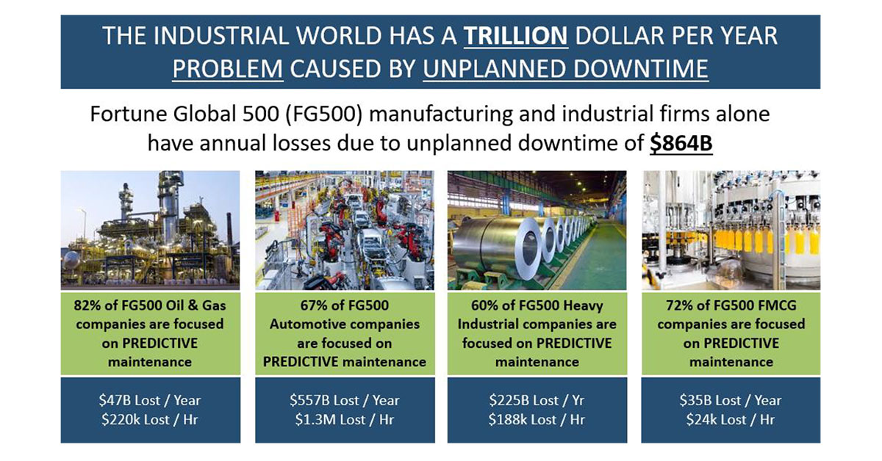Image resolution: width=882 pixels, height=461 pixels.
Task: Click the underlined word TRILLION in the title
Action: [x=516, y=36]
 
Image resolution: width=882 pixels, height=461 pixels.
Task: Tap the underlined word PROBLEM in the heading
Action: [x=228, y=69]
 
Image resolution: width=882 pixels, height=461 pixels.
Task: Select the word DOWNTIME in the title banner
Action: [x=641, y=69]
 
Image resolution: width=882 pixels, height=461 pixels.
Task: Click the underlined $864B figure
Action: [x=681, y=142]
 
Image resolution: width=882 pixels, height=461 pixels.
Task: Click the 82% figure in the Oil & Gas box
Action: [x=86, y=305]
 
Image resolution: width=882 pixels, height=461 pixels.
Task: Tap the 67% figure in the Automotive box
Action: [x=313, y=305]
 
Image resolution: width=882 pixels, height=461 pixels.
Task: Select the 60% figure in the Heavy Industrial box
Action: [x=484, y=305]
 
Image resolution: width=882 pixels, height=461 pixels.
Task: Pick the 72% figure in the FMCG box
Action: [x=678, y=305]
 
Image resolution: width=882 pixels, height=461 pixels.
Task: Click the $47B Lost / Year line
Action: [x=150, y=400]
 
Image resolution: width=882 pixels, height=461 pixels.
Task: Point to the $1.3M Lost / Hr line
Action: [x=345, y=419]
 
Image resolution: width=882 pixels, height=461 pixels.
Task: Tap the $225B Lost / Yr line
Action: [x=537, y=400]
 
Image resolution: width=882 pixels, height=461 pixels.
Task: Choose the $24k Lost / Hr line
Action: [x=731, y=419]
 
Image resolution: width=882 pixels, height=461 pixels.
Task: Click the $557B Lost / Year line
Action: [x=345, y=400]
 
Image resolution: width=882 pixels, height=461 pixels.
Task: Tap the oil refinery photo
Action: [x=150, y=230]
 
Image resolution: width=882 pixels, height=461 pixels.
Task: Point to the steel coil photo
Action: [x=537, y=230]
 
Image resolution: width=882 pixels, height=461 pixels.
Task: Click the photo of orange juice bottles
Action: [x=731, y=230]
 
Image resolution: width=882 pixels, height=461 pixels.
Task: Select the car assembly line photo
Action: [x=345, y=230]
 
